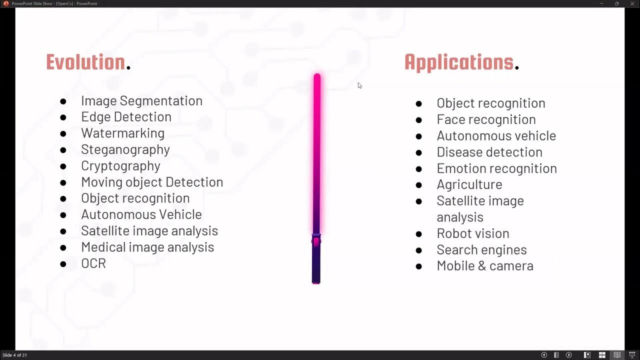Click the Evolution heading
(x=85, y=62)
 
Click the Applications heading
(x=459, y=62)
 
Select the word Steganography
(x=125, y=149)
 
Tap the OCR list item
(x=93, y=263)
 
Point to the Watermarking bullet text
(x=122, y=133)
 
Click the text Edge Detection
(x=126, y=117)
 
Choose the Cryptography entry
(x=120, y=166)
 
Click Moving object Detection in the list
(x=152, y=182)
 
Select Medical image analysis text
(x=147, y=247)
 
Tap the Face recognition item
(x=486, y=119)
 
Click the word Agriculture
(x=469, y=184)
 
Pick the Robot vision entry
(x=472, y=233)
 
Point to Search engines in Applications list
(x=481, y=249)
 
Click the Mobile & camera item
(x=484, y=266)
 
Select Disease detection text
(x=489, y=152)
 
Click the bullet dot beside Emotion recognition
(x=419, y=169)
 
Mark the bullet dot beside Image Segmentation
(x=63, y=101)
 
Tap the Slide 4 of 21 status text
(x=14, y=355)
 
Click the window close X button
(x=631, y=3)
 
